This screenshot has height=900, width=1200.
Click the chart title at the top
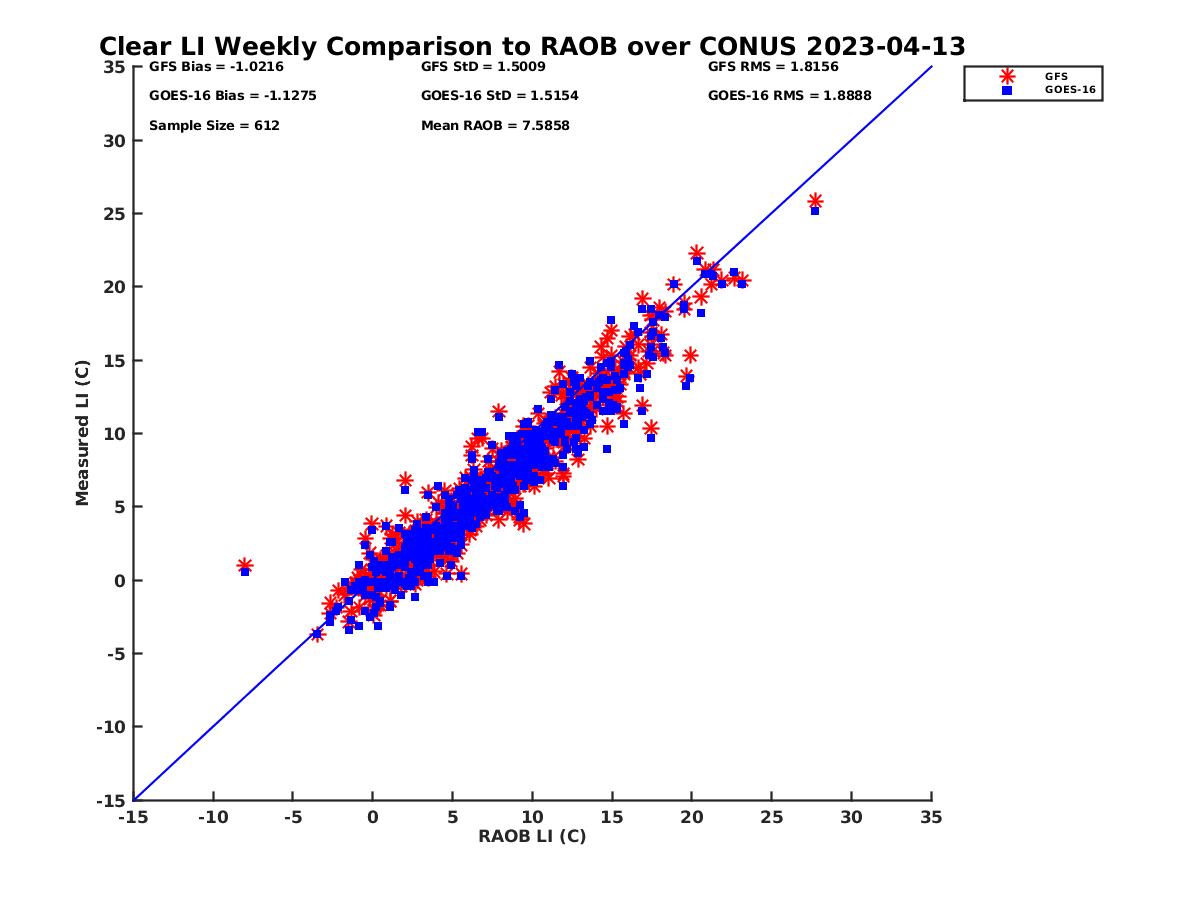tap(532, 46)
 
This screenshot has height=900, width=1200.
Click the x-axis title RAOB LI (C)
tap(532, 836)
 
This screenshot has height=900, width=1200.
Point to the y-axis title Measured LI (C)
tap(82, 434)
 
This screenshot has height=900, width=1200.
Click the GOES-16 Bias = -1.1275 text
tap(219, 96)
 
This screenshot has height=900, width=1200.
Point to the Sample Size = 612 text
tap(214, 126)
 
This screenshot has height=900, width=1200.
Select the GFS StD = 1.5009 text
tap(483, 67)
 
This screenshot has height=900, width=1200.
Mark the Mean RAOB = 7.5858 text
tap(495, 126)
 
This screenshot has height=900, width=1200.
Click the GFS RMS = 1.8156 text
tap(773, 67)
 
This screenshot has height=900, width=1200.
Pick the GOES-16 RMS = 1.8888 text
tap(789, 96)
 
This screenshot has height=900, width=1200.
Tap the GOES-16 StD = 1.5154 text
tap(499, 96)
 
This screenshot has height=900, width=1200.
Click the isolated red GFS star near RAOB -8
tap(245, 565)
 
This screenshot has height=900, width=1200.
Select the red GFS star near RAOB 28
tap(815, 201)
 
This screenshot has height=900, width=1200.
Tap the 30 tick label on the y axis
tap(115, 140)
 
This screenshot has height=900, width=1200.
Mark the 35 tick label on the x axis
tap(931, 817)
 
